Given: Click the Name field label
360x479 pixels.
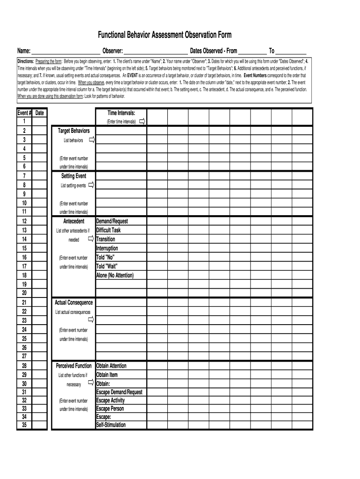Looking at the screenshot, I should pyautogui.click(x=24, y=51).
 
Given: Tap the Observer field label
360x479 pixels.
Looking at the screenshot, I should pyautogui.click(x=113, y=51).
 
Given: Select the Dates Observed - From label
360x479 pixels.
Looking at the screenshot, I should pyautogui.click(x=213, y=51).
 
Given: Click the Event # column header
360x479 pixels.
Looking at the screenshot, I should pyautogui.click(x=24, y=113).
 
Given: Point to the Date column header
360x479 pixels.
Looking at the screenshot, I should pyautogui.click(x=40, y=113).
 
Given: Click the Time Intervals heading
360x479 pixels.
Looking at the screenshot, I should pyautogui.click(x=121, y=113).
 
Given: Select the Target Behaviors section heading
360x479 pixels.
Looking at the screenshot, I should pyautogui.click(x=73, y=131).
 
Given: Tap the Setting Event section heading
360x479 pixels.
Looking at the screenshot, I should pyautogui.click(x=73, y=176).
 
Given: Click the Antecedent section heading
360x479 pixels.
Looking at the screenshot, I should pyautogui.click(x=74, y=221).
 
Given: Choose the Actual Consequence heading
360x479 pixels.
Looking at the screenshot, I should pyautogui.click(x=74, y=303).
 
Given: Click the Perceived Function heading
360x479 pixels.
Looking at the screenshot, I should pyautogui.click(x=74, y=366).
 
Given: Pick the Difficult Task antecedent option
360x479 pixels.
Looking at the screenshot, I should pyautogui.click(x=108, y=230).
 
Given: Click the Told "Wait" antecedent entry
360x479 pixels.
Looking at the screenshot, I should pyautogui.click(x=107, y=266).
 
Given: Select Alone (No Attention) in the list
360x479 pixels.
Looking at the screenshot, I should pyautogui.click(x=115, y=276).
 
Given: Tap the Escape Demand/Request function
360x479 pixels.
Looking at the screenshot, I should pyautogui.click(x=119, y=392).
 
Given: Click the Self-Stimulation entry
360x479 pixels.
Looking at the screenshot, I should pyautogui.click(x=111, y=425).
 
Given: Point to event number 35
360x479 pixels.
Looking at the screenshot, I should pyautogui.click(x=24, y=425).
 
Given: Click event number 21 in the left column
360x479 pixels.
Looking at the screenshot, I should pyautogui.click(x=24, y=303).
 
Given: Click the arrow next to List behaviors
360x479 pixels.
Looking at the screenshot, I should pyautogui.click(x=92, y=140).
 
